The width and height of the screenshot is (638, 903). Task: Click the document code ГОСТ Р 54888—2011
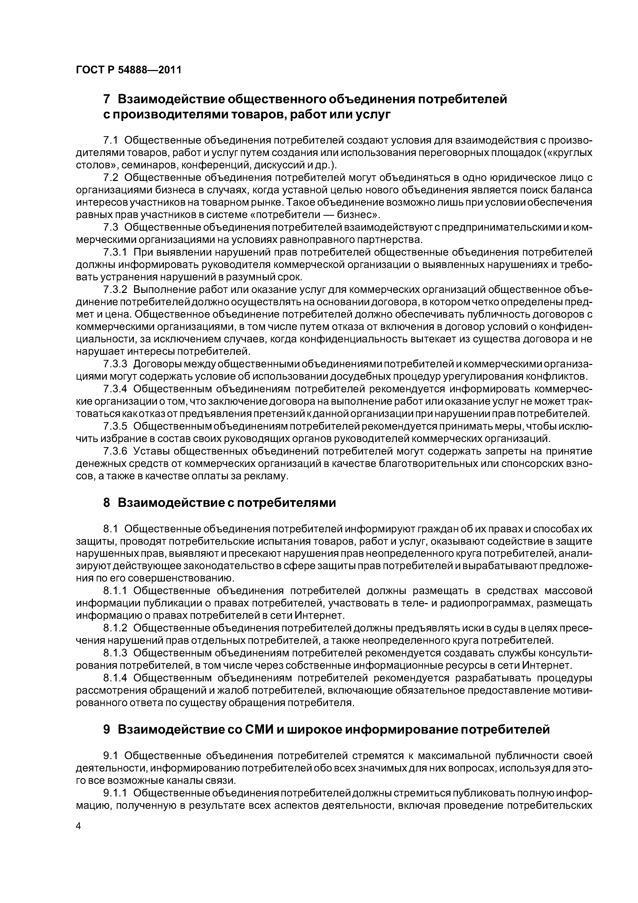coord(129,70)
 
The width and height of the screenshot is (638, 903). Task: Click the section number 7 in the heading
coord(107,100)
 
